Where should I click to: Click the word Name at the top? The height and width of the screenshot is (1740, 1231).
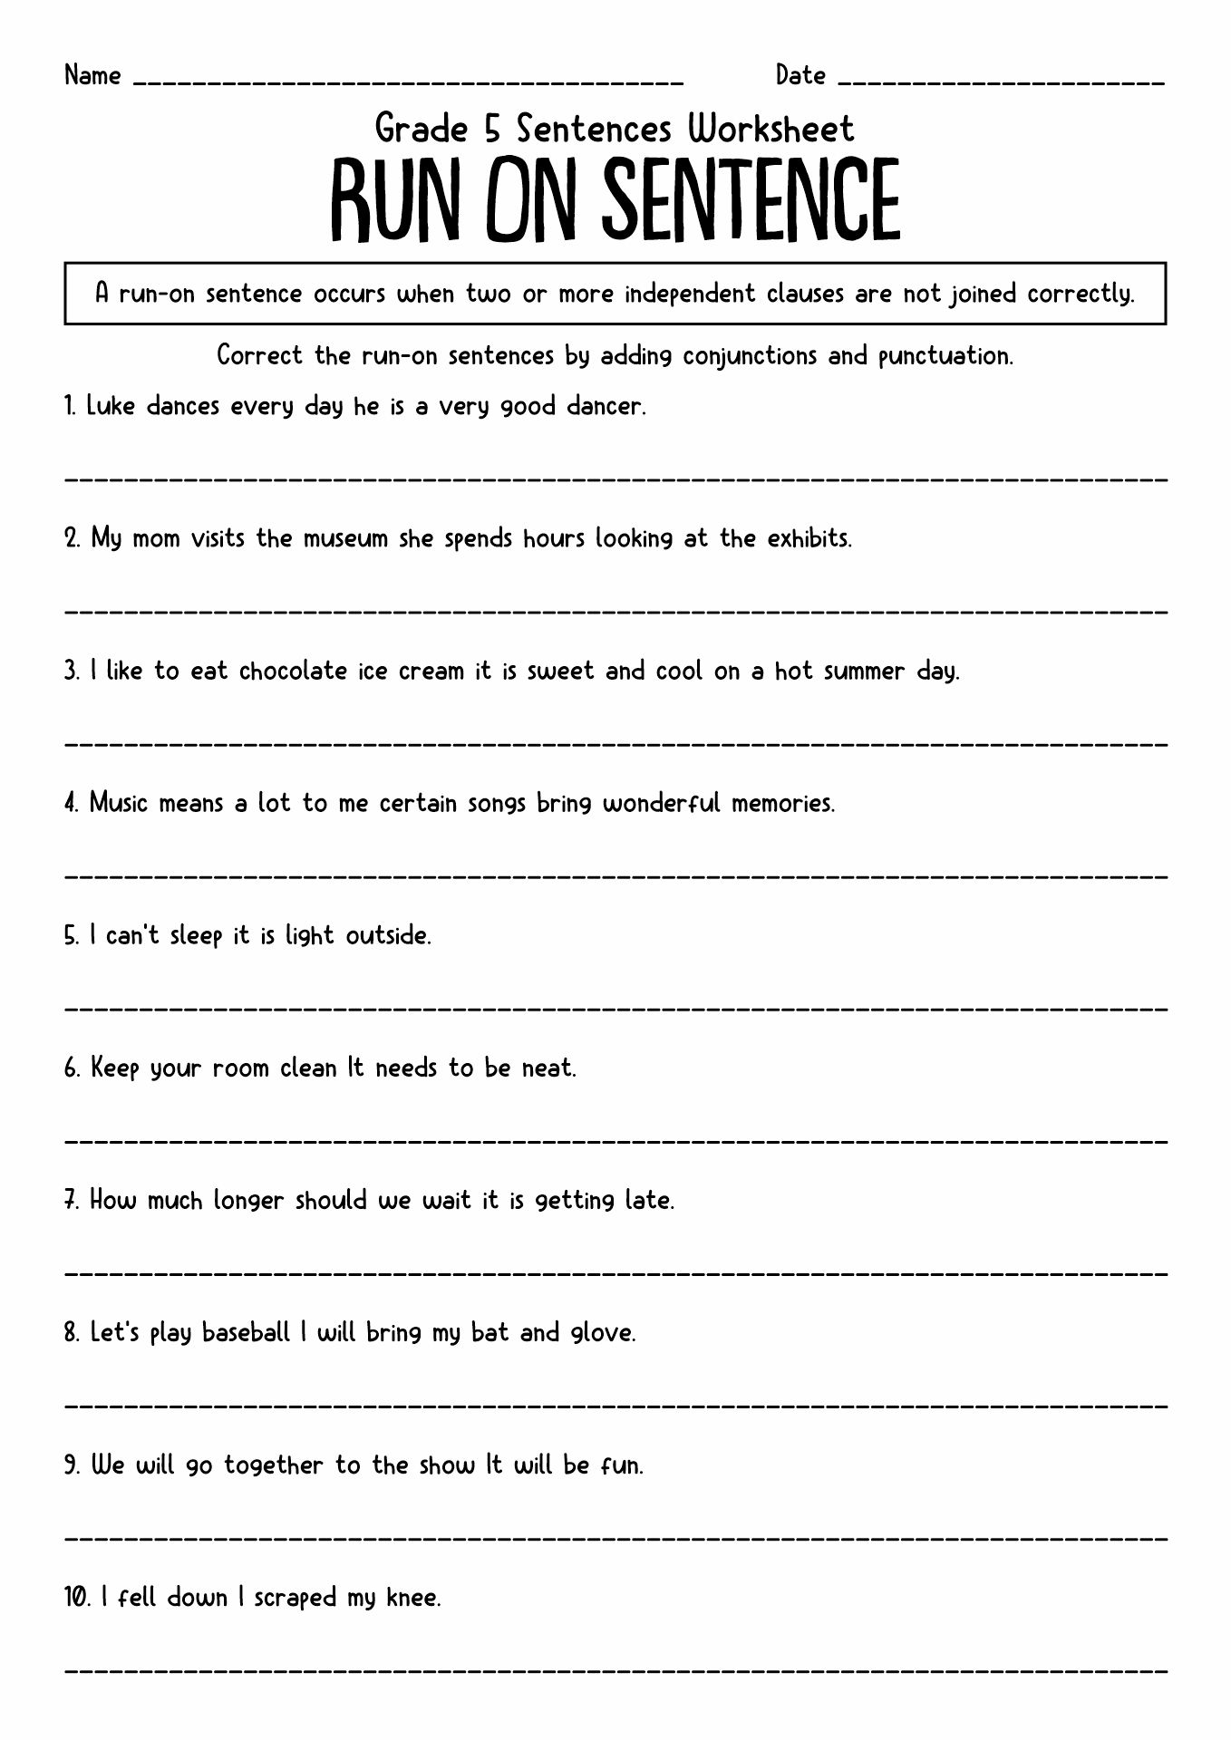click(92, 75)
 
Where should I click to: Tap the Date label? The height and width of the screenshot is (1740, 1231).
click(800, 75)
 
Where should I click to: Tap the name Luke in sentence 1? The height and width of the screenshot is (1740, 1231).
click(111, 406)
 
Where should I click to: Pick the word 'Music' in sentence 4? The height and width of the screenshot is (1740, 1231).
click(119, 803)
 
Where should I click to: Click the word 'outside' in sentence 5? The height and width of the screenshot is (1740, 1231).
click(387, 935)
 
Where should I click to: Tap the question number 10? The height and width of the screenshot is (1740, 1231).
click(75, 1598)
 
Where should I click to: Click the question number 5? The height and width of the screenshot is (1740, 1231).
click(72, 935)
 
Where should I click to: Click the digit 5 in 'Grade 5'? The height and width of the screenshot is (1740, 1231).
click(492, 130)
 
